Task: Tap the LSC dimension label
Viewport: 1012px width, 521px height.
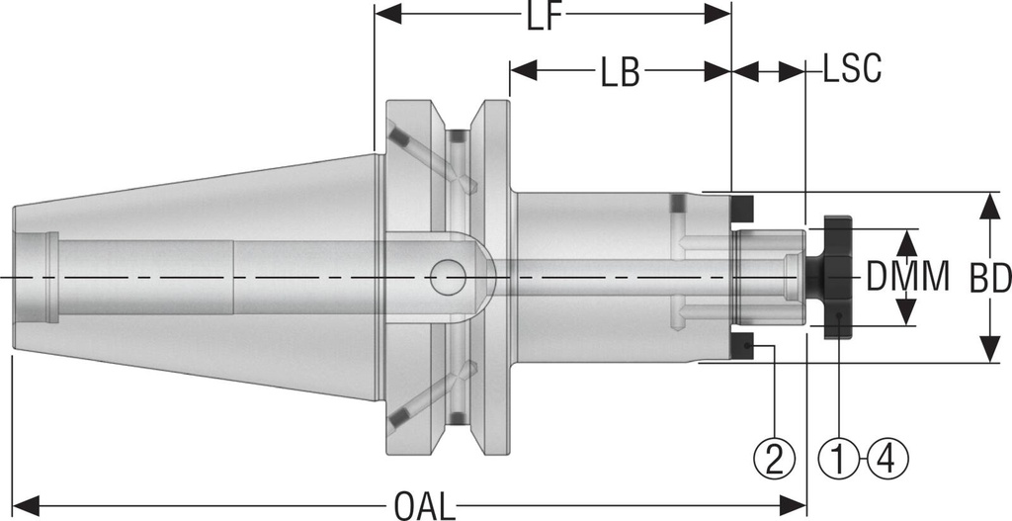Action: tap(852, 71)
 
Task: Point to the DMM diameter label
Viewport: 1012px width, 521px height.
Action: tap(907, 277)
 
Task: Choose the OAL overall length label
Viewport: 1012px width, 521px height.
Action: tap(424, 505)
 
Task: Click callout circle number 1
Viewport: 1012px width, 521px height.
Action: tap(838, 458)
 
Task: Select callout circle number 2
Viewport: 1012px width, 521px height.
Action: tap(774, 458)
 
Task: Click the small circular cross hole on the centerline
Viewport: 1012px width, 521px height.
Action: tap(450, 276)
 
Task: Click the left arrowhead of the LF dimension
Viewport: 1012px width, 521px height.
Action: tap(385, 14)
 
